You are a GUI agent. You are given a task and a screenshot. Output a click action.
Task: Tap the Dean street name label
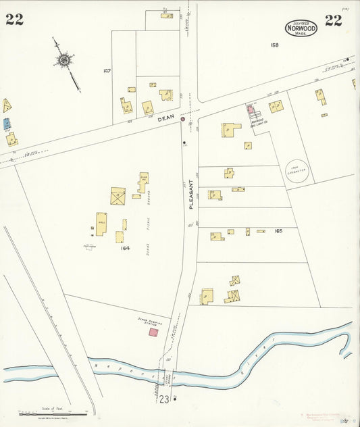[x=165, y=118]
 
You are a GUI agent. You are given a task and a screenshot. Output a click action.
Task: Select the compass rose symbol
[x=63, y=60]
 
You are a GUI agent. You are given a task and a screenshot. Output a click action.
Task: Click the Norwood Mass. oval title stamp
[x=301, y=27]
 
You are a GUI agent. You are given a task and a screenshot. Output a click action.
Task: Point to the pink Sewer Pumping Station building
[x=153, y=332]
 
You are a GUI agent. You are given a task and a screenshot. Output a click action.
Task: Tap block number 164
[x=125, y=248]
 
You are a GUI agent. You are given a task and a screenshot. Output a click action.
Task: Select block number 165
[x=278, y=231]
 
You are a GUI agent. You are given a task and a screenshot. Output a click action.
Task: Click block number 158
[x=274, y=45]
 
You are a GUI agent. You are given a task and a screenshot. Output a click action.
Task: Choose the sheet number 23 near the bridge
[x=164, y=399]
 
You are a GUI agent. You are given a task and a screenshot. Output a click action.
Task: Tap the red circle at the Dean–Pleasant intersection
[x=182, y=119]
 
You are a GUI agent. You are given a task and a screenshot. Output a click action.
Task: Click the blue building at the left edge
[x=7, y=124]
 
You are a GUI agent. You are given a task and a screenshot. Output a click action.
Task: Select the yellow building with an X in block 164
[x=118, y=197]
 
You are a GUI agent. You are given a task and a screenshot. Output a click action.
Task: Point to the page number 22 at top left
[x=14, y=20]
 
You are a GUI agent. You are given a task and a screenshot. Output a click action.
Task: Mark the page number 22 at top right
[x=333, y=20]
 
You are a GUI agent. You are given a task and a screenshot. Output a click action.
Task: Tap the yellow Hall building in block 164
[x=101, y=224]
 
